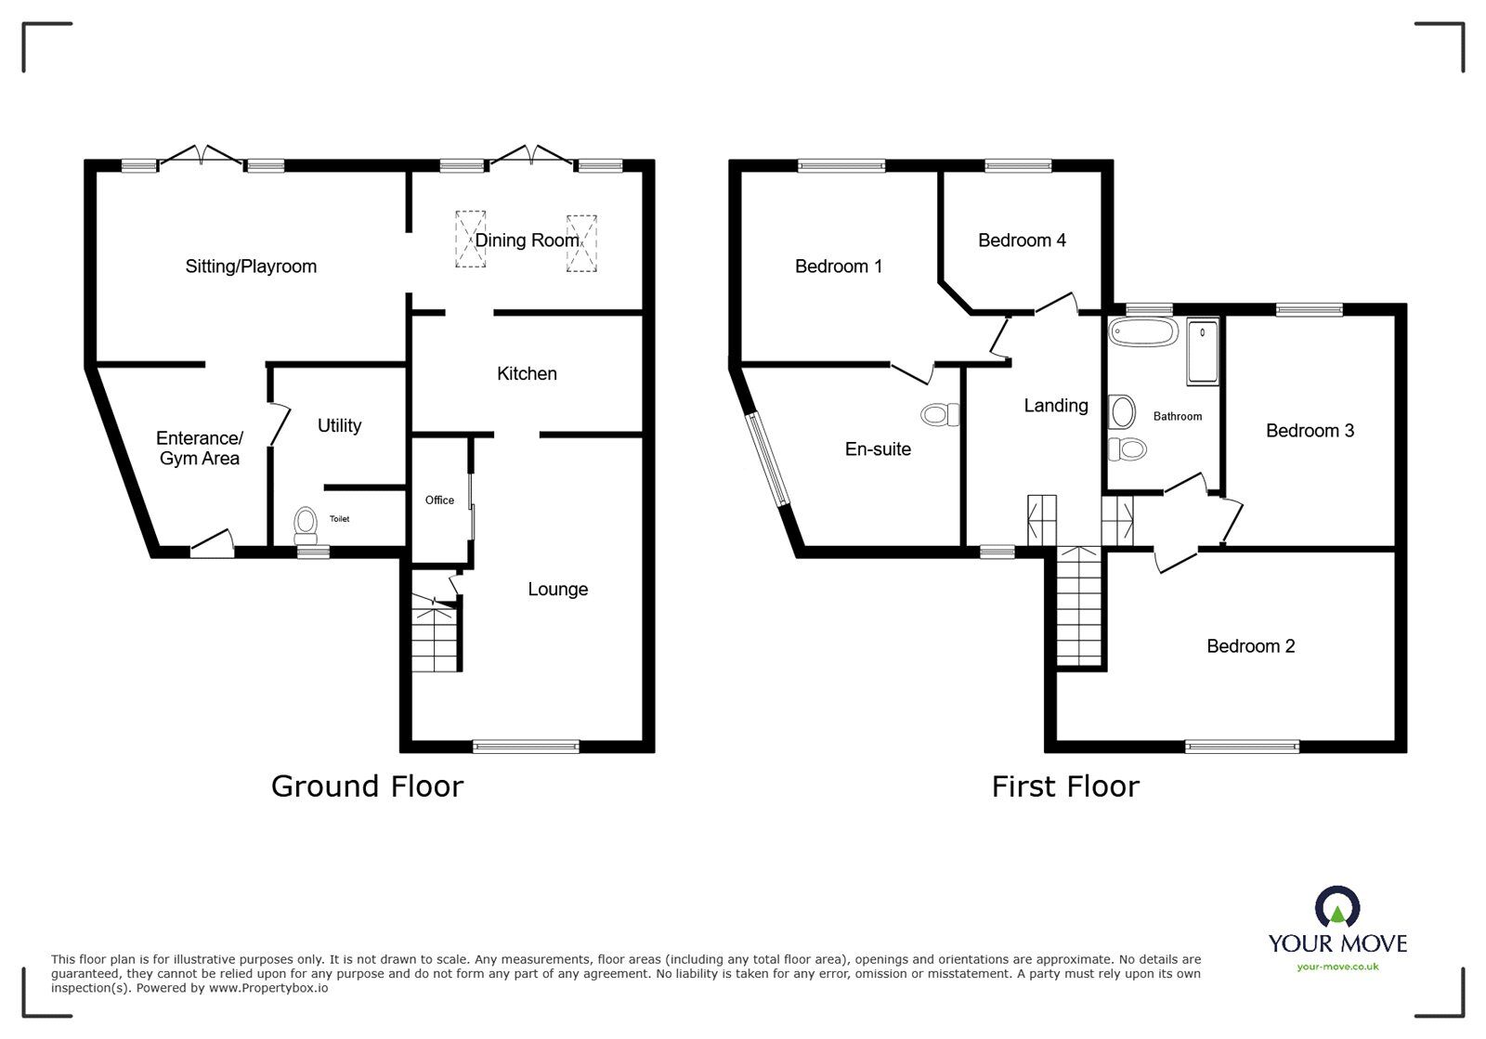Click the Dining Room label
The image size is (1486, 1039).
tap(527, 240)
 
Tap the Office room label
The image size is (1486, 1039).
tap(439, 500)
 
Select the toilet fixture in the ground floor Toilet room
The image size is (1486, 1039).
tap(305, 526)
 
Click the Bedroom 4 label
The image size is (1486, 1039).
tap(1022, 240)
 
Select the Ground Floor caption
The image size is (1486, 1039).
tap(367, 786)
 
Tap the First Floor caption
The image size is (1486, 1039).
tap(1064, 786)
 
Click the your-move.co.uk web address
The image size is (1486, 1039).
tap(1337, 967)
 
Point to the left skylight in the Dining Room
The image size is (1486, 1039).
tap(470, 240)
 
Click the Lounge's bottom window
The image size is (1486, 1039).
tap(526, 745)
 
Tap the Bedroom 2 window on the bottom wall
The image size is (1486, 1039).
tap(1242, 745)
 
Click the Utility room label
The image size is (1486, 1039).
tap(339, 425)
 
